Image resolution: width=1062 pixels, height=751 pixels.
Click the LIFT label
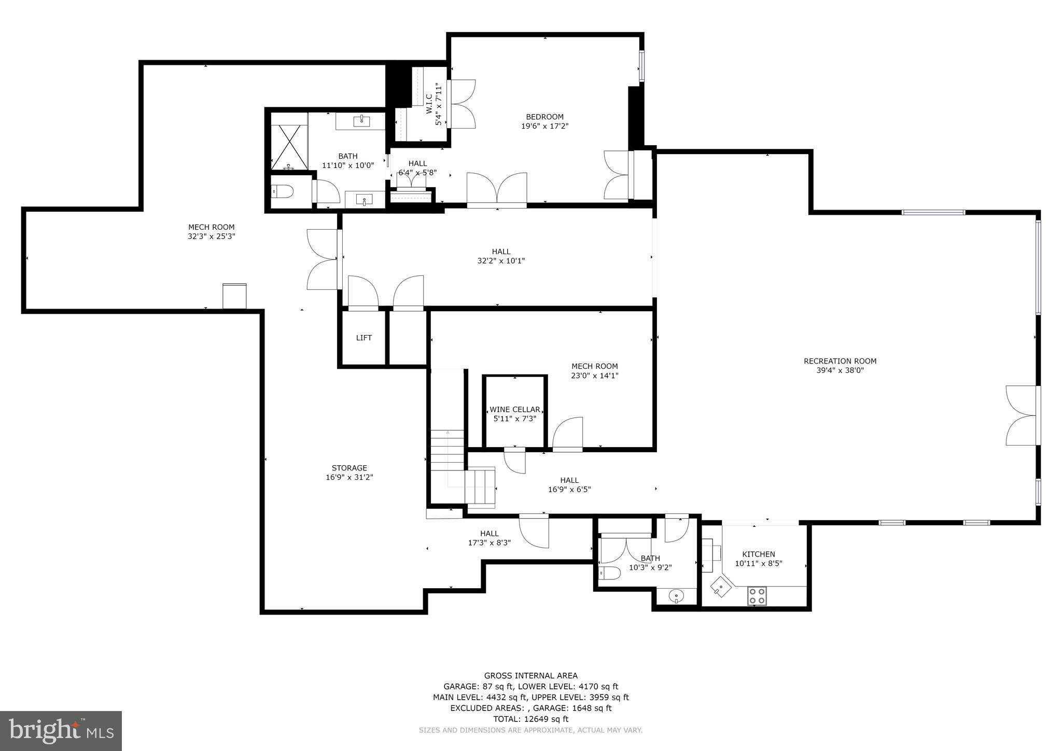pos(364,338)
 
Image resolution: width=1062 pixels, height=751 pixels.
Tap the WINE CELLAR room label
pos(514,409)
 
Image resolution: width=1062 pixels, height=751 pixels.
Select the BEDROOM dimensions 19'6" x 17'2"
pos(544,126)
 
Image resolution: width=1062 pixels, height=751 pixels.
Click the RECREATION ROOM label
pos(840,361)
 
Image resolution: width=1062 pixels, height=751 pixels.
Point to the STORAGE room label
pos(349,468)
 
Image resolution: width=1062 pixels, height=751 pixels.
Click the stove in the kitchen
pos(757,595)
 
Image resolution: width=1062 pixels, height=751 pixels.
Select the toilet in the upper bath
pos(282,192)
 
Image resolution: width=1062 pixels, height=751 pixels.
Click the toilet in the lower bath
pos(609,573)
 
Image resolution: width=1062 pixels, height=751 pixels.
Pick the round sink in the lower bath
pos(676,596)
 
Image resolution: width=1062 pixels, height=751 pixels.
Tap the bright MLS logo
pos(61,731)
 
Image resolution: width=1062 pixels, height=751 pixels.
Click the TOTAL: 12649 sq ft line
pos(530,719)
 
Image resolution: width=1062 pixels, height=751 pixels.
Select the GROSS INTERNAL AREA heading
pos(530,675)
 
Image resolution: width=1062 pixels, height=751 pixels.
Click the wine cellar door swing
pos(515,461)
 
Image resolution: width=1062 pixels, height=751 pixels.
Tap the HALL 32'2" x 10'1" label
pos(501,256)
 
